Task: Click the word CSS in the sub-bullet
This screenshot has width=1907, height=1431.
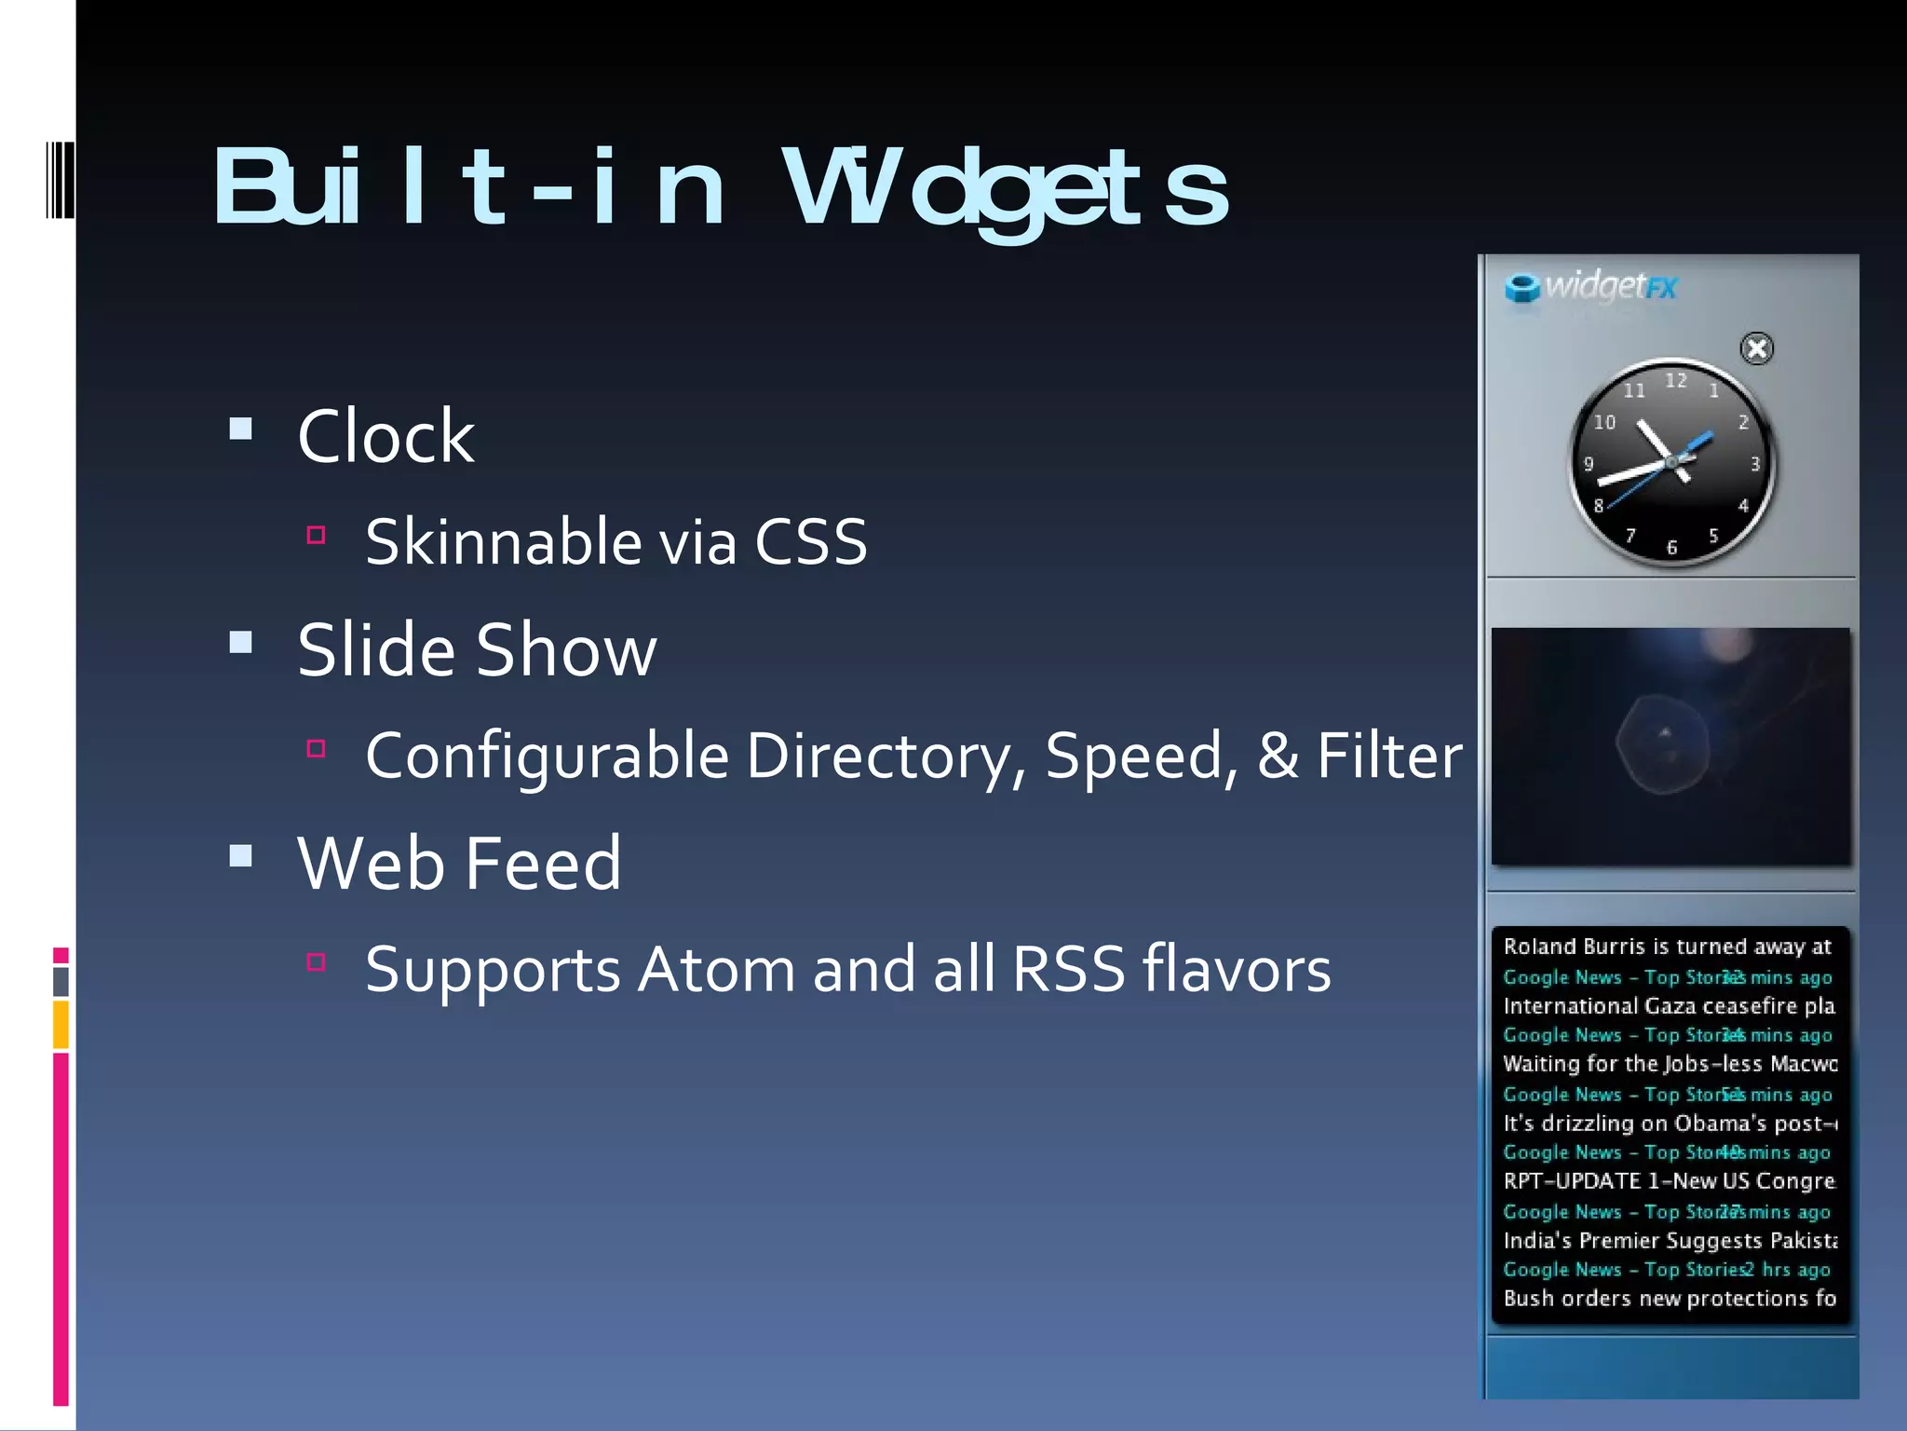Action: [x=810, y=541]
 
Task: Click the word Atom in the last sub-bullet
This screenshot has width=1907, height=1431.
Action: [x=716, y=969]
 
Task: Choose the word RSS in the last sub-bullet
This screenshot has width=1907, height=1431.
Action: [x=1068, y=969]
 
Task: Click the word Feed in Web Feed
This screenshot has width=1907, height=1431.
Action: [x=542, y=864]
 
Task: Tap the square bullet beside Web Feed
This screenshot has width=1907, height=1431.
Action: [x=241, y=856]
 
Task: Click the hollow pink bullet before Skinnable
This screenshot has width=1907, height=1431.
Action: [x=316, y=535]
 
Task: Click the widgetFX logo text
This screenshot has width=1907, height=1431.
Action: [x=1610, y=286]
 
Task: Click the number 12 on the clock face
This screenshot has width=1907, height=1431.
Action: [x=1675, y=380]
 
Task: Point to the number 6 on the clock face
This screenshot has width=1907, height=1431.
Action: [x=1671, y=548]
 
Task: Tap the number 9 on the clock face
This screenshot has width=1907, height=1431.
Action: [x=1589, y=464]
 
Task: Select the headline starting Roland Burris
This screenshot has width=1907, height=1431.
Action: [x=1666, y=947]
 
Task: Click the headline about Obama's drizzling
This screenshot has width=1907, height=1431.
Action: [x=1669, y=1123]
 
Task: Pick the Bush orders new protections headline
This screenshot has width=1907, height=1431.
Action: [x=1669, y=1298]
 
